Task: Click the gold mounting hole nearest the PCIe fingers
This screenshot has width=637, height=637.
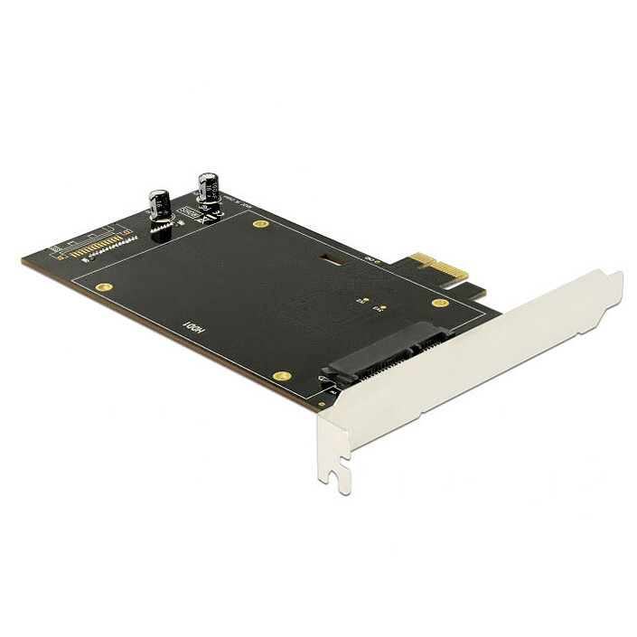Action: coord(439,303)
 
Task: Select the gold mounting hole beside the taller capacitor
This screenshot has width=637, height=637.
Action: coord(260,223)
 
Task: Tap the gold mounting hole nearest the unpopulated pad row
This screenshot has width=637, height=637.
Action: coord(104,287)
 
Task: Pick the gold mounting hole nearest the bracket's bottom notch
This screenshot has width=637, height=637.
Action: coord(282,374)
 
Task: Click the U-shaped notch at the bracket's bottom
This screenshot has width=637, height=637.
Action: coord(342,475)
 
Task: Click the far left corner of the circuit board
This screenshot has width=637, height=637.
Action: coord(24,260)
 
